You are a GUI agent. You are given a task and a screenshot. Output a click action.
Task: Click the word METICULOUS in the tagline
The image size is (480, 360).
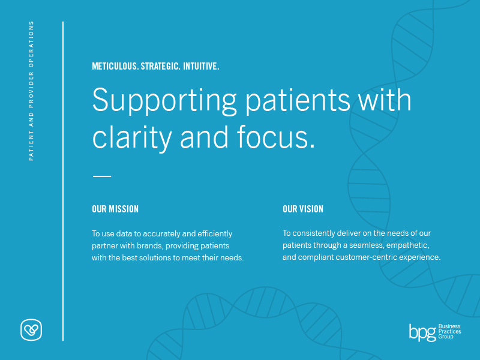(x=115, y=66)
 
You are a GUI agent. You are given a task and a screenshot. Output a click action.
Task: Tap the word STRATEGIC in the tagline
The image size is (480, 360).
(x=160, y=66)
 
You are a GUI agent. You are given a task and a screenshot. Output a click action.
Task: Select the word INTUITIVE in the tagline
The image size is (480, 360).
(x=201, y=66)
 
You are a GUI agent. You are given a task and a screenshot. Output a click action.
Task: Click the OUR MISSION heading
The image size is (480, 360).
(x=115, y=209)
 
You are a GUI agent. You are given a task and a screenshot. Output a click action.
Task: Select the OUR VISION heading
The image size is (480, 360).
(x=303, y=209)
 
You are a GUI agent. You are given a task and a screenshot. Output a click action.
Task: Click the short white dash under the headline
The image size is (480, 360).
(x=102, y=176)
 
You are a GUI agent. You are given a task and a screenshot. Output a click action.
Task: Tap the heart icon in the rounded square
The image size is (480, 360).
(x=31, y=329)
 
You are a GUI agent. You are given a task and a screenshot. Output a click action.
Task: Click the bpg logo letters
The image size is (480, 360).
(x=423, y=332)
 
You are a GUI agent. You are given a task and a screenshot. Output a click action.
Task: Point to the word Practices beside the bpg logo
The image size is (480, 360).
(x=449, y=332)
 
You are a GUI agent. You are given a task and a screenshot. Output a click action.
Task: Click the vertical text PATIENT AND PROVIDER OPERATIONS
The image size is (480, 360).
(x=31, y=91)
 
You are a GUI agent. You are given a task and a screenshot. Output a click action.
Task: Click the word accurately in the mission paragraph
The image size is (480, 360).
(x=161, y=234)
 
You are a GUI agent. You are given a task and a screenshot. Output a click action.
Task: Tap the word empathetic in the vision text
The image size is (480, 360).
(x=408, y=245)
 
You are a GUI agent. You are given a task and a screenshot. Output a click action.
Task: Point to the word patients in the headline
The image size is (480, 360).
(x=298, y=101)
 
